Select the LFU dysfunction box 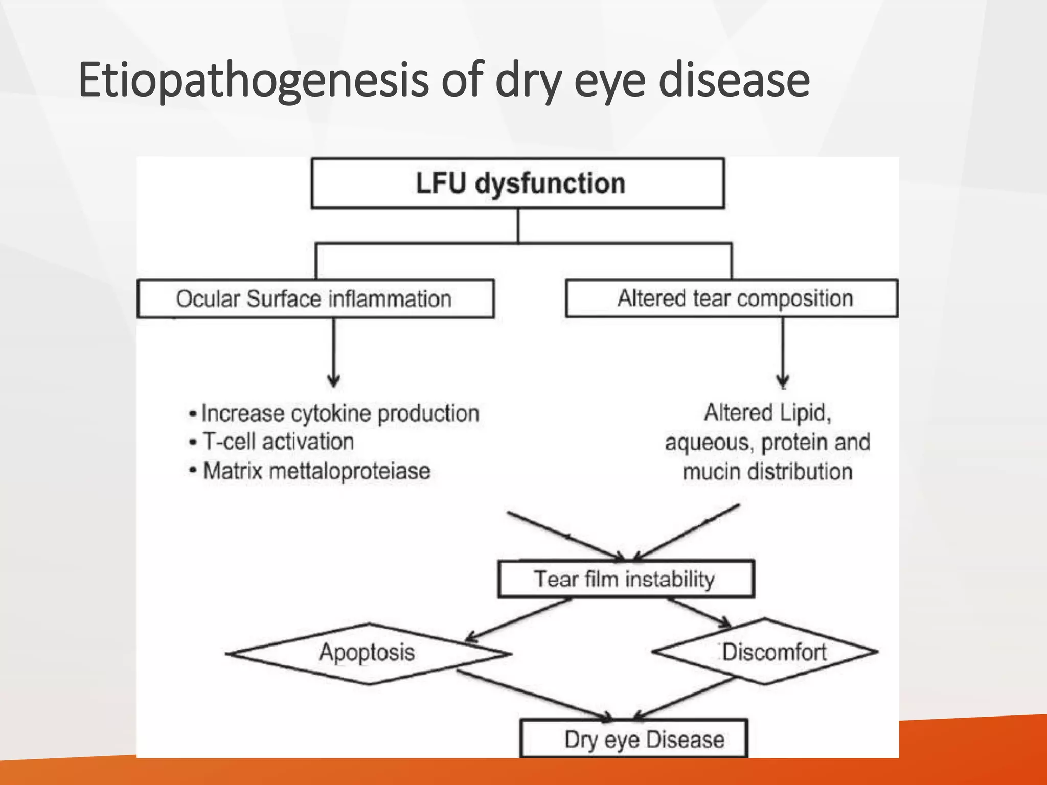[x=517, y=183]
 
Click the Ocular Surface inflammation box [x=315, y=298]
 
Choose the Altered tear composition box [x=732, y=298]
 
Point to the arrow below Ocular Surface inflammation [x=334, y=353]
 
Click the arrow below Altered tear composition [x=783, y=353]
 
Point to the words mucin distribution [x=767, y=471]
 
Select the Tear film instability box [x=625, y=579]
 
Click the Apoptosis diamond [x=367, y=653]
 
